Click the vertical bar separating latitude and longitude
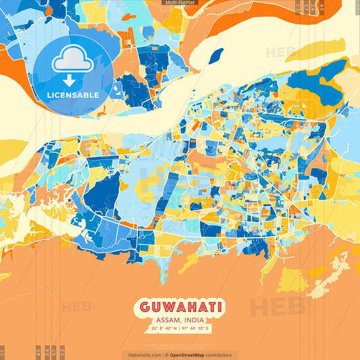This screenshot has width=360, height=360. click(180, 329)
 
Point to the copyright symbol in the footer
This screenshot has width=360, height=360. click(165, 355)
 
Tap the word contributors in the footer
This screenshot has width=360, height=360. click(220, 355)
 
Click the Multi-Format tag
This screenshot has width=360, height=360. click(180, 3)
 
